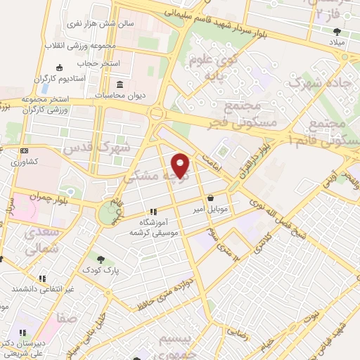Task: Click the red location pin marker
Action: pyautogui.click(x=181, y=165)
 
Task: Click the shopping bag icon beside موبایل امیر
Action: pyautogui.click(x=211, y=198)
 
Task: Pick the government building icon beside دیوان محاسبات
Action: pyautogui.click(x=117, y=85)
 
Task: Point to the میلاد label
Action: pyautogui.click(x=337, y=43)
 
